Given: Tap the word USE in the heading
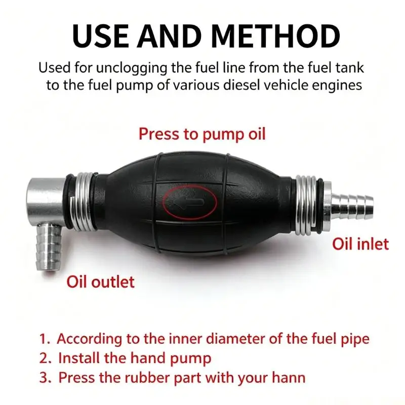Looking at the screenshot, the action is (x=100, y=36).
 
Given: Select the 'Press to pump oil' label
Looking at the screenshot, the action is (x=202, y=134).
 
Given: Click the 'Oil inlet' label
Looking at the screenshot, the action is (x=360, y=244).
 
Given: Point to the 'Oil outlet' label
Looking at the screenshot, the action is (x=100, y=282).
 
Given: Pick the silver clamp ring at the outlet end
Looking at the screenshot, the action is (x=83, y=201).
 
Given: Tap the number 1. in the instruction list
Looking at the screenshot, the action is (x=45, y=339).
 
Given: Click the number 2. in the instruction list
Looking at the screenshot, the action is (x=45, y=358).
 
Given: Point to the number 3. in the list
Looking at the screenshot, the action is (x=45, y=378).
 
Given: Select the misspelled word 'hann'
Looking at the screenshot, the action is (x=289, y=377).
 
